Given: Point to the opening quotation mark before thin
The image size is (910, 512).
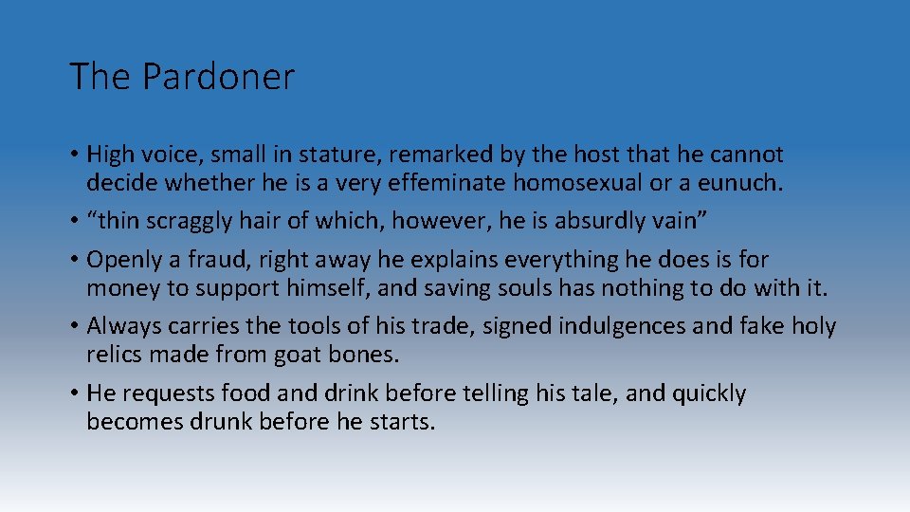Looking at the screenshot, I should pos(92,217).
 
